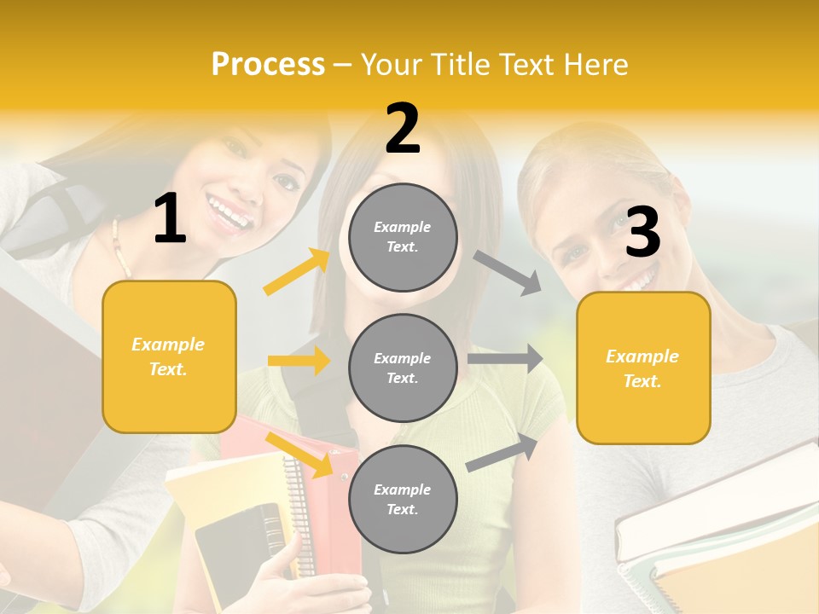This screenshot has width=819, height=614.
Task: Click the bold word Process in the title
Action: (268, 65)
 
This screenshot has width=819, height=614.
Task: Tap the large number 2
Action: (403, 130)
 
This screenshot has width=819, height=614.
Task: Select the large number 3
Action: (642, 233)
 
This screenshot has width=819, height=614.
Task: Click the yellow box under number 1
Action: (169, 356)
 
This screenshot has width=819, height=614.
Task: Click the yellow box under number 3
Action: (643, 368)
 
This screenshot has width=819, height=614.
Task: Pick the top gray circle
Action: (403, 236)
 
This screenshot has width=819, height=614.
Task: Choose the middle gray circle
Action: (403, 368)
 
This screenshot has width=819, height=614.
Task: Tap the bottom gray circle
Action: (403, 499)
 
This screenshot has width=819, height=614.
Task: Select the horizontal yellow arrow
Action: (299, 361)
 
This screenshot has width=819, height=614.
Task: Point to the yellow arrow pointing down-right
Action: (299, 452)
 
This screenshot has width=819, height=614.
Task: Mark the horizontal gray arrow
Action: (505, 359)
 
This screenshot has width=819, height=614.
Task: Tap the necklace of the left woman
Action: (119, 247)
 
